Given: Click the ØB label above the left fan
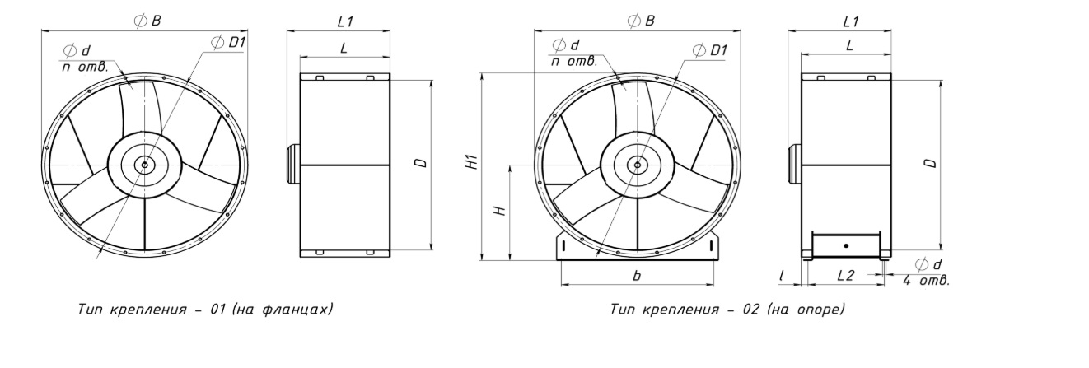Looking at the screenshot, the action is point(147,21).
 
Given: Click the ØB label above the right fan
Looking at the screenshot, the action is point(641,21).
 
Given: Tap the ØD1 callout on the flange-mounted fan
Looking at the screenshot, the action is point(228,42).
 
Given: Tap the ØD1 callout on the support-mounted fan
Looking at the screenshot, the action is point(710,50).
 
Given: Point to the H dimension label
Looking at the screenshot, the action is point(499,212).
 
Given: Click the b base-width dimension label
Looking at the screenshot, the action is point(637,275).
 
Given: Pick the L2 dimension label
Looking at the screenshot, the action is point(846,275).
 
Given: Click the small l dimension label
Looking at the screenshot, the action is point(782,276).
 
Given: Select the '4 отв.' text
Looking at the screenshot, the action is point(926,280).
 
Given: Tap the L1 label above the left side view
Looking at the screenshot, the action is point(344,21).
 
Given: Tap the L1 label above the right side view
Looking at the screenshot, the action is point(851,21).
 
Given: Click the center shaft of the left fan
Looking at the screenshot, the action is point(144,165).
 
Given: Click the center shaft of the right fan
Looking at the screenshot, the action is point(638,165).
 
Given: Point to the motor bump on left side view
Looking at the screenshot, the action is point(293,165).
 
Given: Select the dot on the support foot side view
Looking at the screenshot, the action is point(846,246).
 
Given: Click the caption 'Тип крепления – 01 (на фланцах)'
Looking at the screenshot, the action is point(205,310).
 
